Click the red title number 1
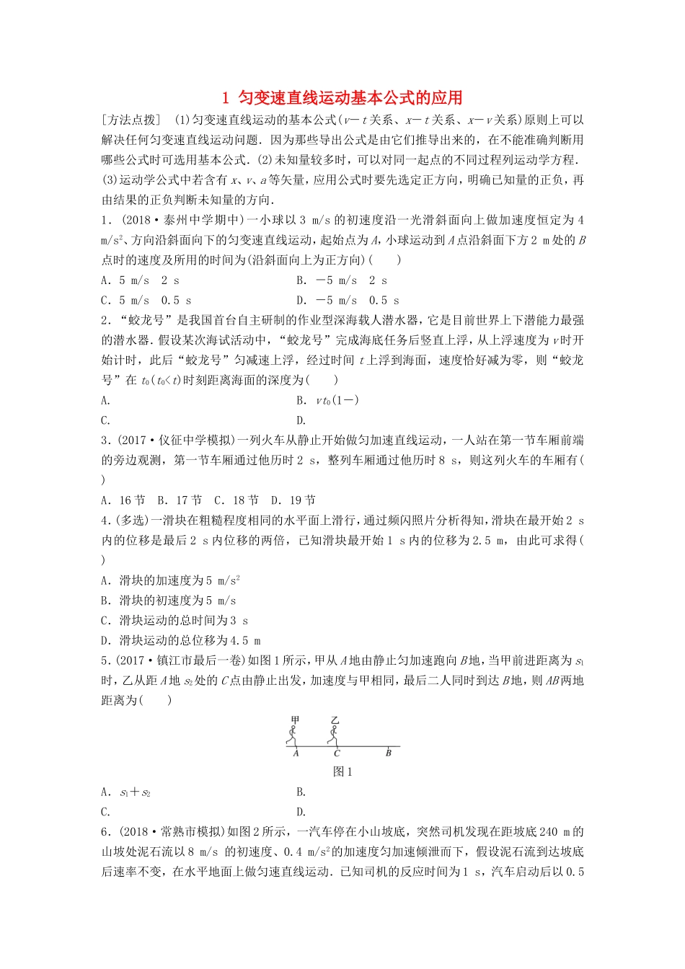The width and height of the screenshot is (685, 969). click(226, 98)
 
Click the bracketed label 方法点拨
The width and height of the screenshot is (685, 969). click(131, 120)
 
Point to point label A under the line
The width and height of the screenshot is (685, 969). click(296, 753)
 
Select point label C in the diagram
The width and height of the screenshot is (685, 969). click(337, 753)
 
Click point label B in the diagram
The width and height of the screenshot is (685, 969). click(388, 753)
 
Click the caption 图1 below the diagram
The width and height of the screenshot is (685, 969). click(342, 771)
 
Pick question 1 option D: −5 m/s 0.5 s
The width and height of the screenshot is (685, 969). click(348, 301)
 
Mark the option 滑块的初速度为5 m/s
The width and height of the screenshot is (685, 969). click(169, 601)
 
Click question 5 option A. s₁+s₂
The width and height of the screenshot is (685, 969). click(126, 792)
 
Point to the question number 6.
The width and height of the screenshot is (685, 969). click(105, 832)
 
